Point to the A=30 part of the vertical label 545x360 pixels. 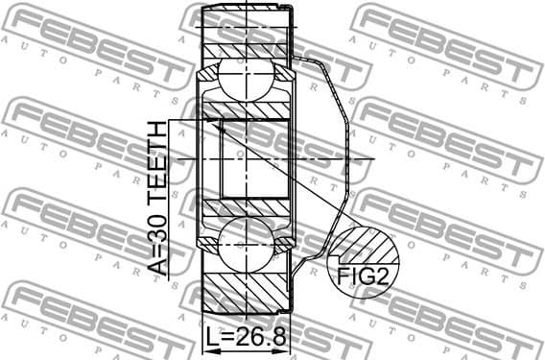click(155, 248)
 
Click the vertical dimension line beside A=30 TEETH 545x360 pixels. click(169, 197)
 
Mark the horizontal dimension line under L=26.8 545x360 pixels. click(248, 350)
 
